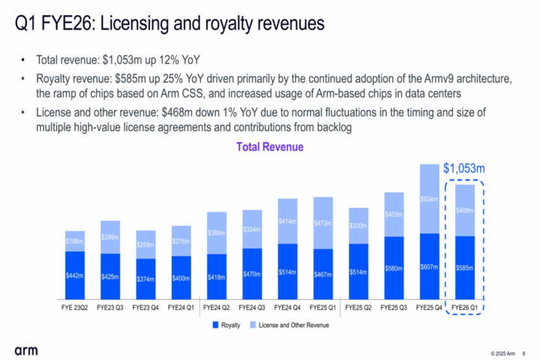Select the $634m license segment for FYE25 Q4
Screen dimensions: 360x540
click(429, 199)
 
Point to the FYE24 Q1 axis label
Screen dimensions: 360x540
click(181, 307)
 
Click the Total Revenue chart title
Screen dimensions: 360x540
click(270, 147)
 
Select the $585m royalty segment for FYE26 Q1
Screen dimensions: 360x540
click(464, 268)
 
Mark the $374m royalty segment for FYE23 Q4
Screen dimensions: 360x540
click(145, 279)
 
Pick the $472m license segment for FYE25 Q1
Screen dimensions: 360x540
click(323, 223)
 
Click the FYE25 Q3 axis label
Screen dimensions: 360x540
click(394, 307)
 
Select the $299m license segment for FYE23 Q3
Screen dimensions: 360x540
click(110, 237)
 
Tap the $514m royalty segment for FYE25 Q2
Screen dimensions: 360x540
click(358, 271)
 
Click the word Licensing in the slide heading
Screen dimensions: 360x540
click(136, 24)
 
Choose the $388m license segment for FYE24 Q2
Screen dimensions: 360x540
click(217, 233)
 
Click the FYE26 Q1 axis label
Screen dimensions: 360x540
click(464, 307)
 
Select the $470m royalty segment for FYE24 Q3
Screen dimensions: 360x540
click(252, 274)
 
